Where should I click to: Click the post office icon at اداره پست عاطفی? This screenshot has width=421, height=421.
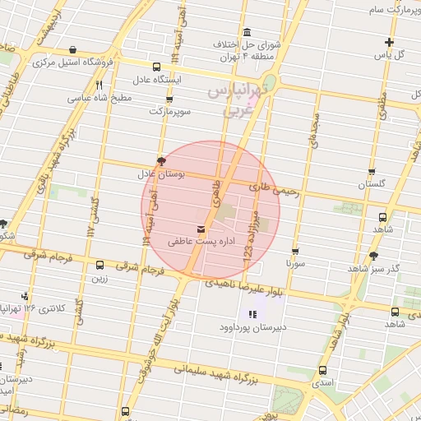click(x=201, y=229)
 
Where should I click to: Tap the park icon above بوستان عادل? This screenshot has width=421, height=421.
click(x=160, y=161)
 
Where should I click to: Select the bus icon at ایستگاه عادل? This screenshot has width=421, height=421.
click(x=157, y=67)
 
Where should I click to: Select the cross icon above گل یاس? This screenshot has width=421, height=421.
click(x=389, y=42)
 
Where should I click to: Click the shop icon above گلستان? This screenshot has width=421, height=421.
click(x=372, y=173)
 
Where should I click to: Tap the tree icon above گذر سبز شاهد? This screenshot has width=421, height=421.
click(x=374, y=256)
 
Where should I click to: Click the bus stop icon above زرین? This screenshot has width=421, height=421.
click(x=99, y=266)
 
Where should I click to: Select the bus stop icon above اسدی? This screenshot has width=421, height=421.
click(x=322, y=370)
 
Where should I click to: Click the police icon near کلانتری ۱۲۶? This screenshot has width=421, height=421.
click(x=25, y=295)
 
